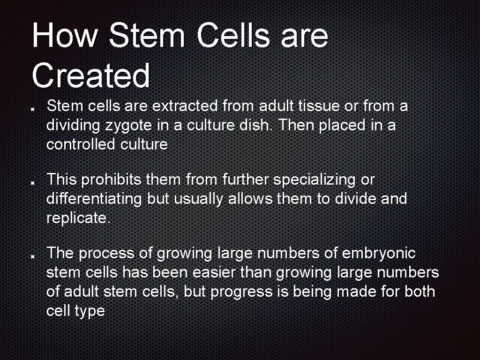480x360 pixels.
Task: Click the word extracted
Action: click(x=185, y=106)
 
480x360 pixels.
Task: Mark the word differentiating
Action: click(x=94, y=199)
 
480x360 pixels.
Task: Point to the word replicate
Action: click(x=78, y=218)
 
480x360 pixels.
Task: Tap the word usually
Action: click(x=199, y=199)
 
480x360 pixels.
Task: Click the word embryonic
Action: click(x=379, y=254)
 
